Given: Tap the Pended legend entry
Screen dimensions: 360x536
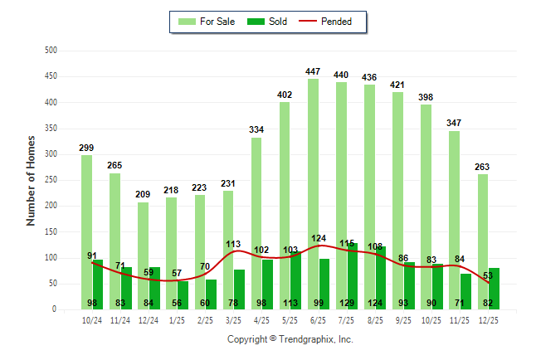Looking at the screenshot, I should tap(335, 22).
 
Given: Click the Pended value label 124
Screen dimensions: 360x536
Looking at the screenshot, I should tap(319, 239).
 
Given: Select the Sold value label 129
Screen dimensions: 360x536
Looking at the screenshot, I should tap(349, 303).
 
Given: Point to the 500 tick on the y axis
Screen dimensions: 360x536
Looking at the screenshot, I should tap(51, 51).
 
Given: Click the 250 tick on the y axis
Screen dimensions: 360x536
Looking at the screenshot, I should tap(51, 180).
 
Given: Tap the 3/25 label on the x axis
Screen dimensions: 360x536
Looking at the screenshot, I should tap(233, 320).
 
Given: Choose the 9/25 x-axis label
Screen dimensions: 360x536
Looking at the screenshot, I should tap(404, 320).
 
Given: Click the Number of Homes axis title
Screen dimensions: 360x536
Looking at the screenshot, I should tap(31, 180).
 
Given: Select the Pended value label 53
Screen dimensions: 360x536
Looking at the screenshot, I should tap(488, 275).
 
